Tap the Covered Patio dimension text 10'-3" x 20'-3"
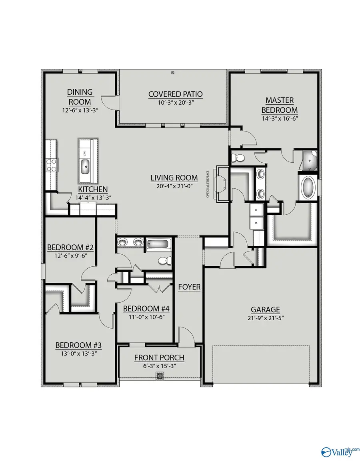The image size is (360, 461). click(175, 102)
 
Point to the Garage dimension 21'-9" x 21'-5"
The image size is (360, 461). click(265, 318)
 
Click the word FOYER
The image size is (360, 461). click(189, 287)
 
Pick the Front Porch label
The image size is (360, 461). click(159, 357)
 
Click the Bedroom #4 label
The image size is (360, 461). click(146, 309)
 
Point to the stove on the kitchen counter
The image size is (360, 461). click(52, 164)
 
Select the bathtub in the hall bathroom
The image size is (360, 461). click(159, 244)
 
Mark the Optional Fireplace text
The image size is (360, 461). click(208, 184)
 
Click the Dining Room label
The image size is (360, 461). click(80, 97)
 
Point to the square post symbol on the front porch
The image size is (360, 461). click(160, 376)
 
